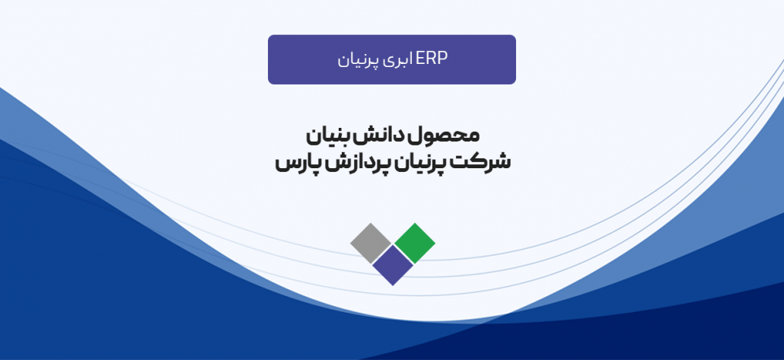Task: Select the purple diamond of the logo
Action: click(393, 264)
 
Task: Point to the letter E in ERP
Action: click(419, 59)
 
